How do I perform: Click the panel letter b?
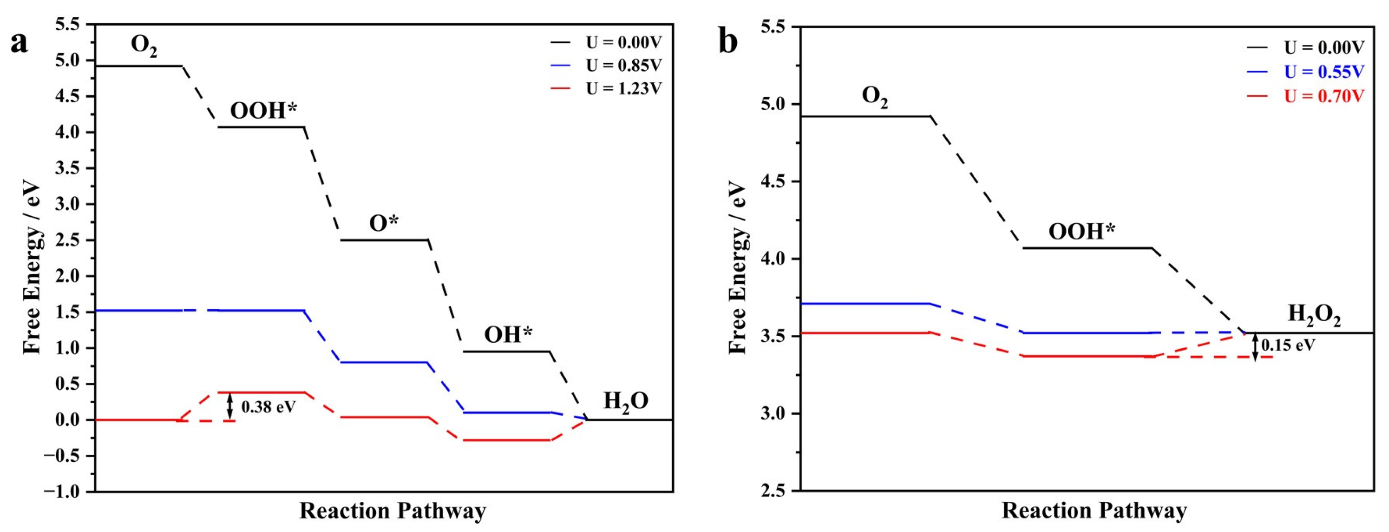click(728, 42)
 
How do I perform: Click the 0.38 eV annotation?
click(268, 407)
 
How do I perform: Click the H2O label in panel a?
click(625, 401)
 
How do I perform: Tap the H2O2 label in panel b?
click(1314, 314)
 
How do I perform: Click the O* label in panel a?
click(383, 223)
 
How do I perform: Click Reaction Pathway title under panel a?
click(393, 511)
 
